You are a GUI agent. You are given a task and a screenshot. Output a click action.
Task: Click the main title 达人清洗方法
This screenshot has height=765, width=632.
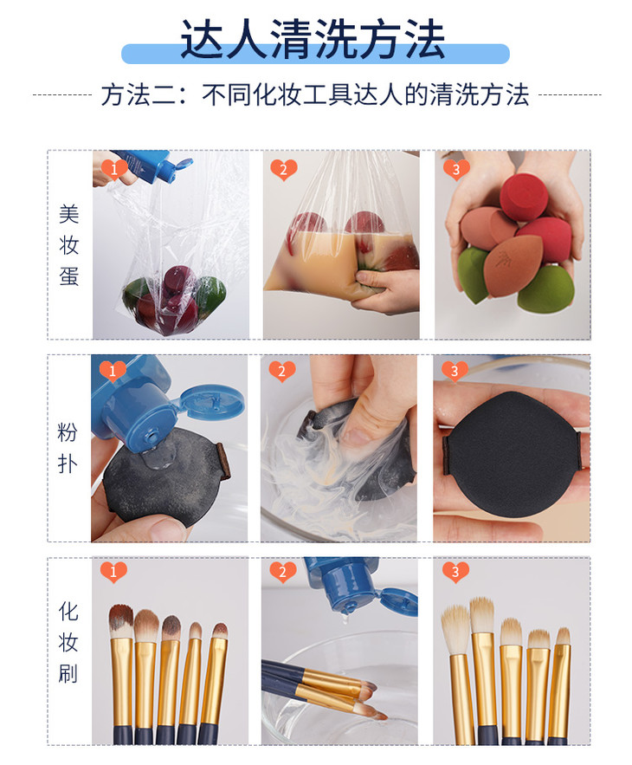point(313,39)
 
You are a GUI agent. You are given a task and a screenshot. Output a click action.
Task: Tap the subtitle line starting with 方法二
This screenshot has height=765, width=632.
point(315,94)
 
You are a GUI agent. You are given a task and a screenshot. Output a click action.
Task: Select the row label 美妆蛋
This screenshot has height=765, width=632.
point(68,245)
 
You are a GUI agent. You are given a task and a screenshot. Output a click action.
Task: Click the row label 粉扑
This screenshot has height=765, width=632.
point(68,448)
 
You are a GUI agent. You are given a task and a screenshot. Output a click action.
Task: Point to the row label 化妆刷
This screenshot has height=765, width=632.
point(68,642)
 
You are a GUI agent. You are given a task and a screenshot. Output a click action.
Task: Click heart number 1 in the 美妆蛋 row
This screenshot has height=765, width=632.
point(114,170)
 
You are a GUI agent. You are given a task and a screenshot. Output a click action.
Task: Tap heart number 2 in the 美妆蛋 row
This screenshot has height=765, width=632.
point(284,170)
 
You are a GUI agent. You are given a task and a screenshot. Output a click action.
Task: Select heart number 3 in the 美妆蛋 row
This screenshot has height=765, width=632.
point(456,170)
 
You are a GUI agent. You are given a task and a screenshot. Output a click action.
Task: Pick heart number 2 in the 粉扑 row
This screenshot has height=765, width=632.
point(282,372)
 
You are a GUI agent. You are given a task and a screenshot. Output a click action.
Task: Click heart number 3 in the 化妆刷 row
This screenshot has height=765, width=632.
point(455,572)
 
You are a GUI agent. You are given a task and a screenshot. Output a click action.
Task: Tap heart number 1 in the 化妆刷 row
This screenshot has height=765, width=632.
point(113,572)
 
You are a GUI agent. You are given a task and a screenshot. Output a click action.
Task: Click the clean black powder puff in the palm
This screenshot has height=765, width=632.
point(511,454)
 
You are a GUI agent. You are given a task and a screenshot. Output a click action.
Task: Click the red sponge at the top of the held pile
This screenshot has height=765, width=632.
point(523,196)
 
